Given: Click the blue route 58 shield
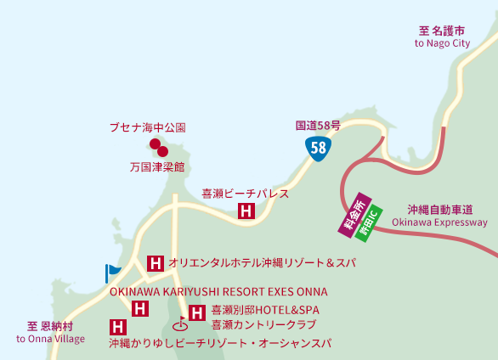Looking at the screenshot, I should pyautogui.click(x=318, y=148).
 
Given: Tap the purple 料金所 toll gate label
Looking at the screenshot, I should pyautogui.click(x=349, y=211).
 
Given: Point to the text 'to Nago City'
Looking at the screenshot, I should pyautogui.click(x=442, y=42).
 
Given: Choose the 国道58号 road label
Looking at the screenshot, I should pyautogui.click(x=318, y=126).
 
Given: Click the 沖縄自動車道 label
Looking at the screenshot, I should pyautogui.click(x=439, y=209).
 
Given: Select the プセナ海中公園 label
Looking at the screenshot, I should pyautogui.click(x=146, y=127).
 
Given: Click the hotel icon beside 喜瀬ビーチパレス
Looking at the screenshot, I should pyautogui.click(x=246, y=211).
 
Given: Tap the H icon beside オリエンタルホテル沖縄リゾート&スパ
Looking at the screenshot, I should pyautogui.click(x=156, y=263).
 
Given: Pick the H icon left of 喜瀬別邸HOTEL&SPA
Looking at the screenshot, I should pyautogui.click(x=197, y=312).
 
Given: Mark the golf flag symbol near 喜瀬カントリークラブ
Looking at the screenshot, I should pyautogui.click(x=180, y=323).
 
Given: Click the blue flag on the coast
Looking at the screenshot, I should pyautogui.click(x=112, y=272).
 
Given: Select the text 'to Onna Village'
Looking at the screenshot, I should pyautogui.click(x=51, y=339).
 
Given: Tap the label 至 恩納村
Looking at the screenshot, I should pyautogui.click(x=51, y=325).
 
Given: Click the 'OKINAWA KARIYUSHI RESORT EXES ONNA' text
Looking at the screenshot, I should pyautogui.click(x=219, y=291).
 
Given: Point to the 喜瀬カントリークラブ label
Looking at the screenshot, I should pyautogui.click(x=263, y=324).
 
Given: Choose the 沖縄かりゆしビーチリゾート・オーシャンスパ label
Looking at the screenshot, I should pyautogui.click(x=219, y=343).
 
